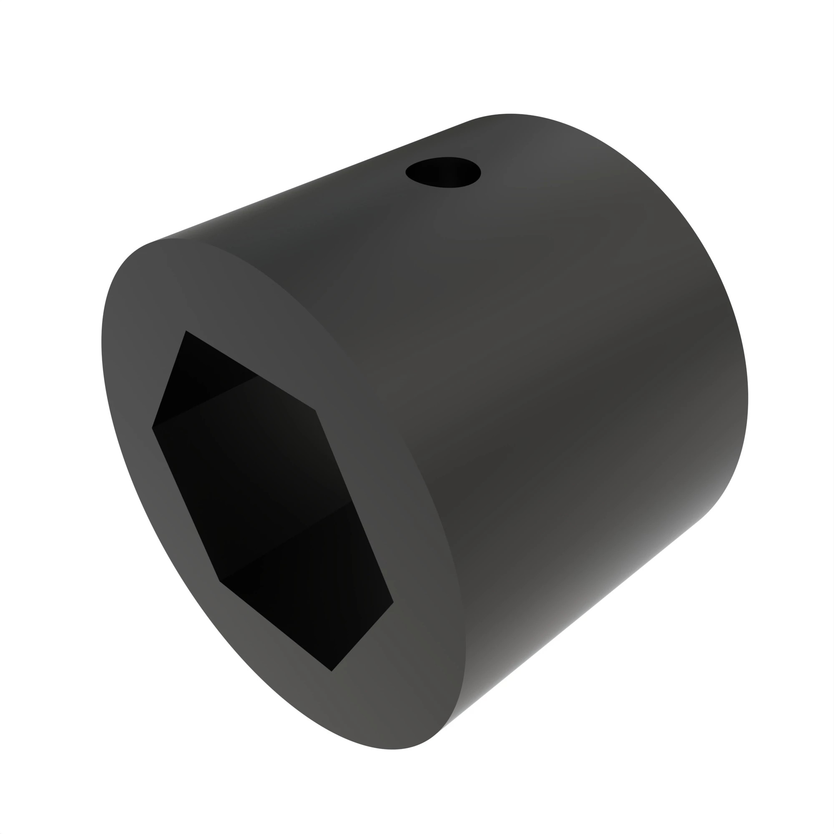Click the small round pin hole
[443, 172]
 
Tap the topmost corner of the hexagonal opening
[186, 331]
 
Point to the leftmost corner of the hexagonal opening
[152, 428]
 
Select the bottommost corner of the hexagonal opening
[332, 671]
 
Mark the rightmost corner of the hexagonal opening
[393, 602]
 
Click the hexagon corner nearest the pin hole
[315, 410]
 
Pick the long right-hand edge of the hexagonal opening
[354, 506]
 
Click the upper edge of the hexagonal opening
[250, 370]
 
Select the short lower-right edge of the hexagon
[363, 637]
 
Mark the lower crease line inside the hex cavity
[285, 542]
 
